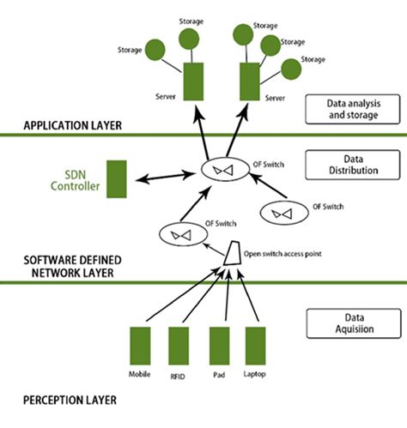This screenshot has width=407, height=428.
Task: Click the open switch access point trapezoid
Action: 229,253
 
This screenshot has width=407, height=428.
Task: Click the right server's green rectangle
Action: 248,80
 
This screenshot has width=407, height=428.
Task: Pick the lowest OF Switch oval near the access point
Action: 179,232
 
